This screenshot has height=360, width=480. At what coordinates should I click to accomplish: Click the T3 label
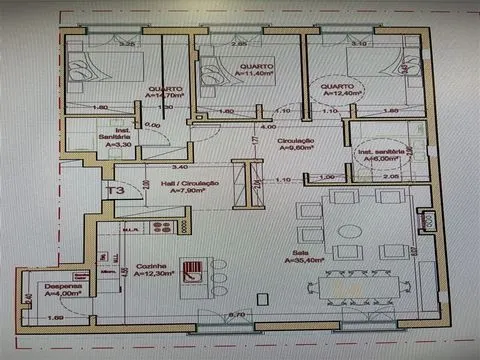115,189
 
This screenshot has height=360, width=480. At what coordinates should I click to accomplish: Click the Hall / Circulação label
169,184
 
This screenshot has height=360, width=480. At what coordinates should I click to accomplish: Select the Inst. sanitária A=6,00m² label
381,155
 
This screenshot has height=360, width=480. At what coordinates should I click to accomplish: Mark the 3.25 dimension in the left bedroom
127,45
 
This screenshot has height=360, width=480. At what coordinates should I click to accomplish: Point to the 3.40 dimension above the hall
180,167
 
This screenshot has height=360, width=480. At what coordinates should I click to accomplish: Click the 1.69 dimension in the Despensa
56,317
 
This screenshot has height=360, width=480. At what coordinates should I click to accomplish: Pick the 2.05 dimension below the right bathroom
392,176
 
